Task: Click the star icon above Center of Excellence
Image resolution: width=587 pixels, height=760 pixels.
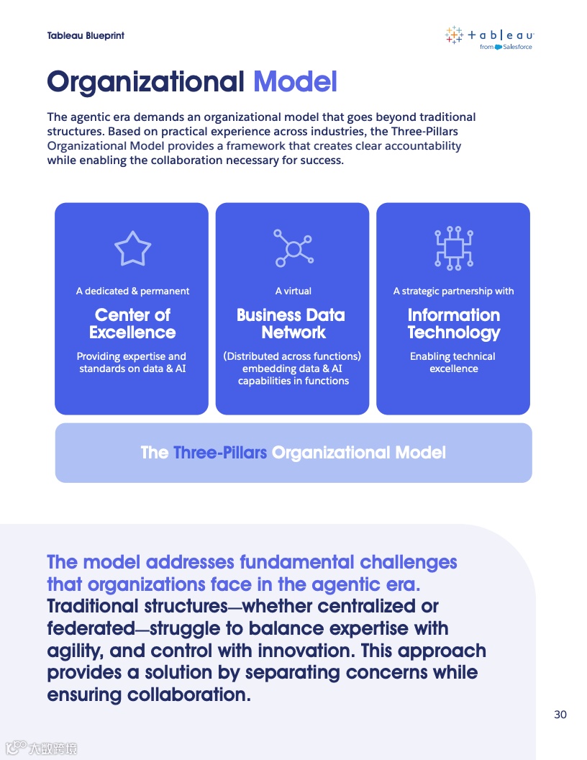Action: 132,248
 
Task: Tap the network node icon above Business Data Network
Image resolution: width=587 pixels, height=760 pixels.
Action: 293,248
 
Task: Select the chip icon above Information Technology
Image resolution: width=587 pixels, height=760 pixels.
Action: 453,248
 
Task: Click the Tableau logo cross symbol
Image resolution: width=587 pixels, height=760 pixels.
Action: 454,35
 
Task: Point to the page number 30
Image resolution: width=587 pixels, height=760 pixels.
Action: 560,715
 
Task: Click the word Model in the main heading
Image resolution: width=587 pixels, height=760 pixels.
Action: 295,81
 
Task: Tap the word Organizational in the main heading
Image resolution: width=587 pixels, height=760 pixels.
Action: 146,81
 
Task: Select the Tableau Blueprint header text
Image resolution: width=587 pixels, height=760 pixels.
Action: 86,35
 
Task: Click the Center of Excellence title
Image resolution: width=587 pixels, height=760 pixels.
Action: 132,324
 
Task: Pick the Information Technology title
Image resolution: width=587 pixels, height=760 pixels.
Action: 453,324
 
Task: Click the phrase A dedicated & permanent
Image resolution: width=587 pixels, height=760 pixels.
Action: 132,291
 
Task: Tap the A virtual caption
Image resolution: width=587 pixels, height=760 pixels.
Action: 293,291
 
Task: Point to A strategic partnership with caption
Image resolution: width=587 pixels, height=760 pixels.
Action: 453,291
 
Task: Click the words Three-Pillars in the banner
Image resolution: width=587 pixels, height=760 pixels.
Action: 220,453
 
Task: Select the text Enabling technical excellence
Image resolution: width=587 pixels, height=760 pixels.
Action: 453,362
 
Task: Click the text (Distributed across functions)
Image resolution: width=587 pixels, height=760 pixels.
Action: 292,356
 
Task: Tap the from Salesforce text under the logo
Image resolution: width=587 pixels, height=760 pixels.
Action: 506,47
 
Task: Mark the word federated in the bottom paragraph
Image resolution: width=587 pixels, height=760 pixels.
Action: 91,628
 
